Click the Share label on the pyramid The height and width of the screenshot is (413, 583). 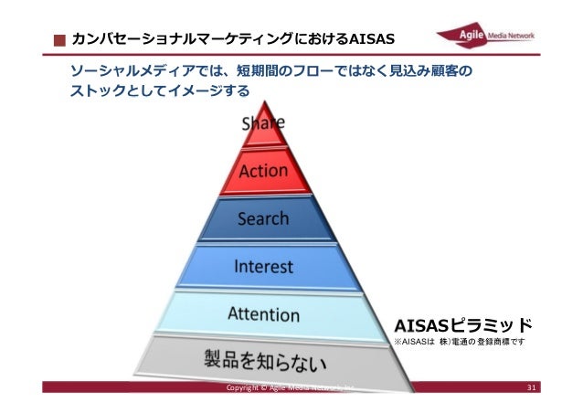pos(263,122)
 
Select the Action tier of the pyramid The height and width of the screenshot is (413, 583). pos(263,171)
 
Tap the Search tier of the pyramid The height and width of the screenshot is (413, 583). pos(263,219)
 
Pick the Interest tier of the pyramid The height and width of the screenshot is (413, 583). pos(263,267)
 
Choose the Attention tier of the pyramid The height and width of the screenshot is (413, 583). pos(263,314)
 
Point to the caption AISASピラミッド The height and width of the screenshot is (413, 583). pos(461,324)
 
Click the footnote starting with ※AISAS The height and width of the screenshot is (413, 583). pos(458,343)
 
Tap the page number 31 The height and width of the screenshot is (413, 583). pos(534,392)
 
